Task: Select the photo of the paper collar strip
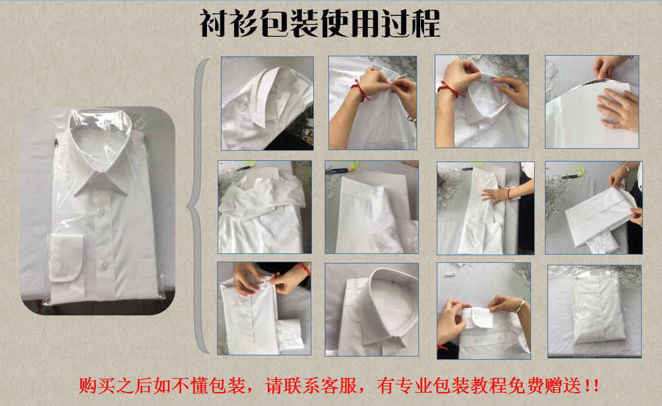pos(266,103)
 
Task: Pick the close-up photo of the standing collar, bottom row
pos(372,309)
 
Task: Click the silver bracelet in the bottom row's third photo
pos(519,307)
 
